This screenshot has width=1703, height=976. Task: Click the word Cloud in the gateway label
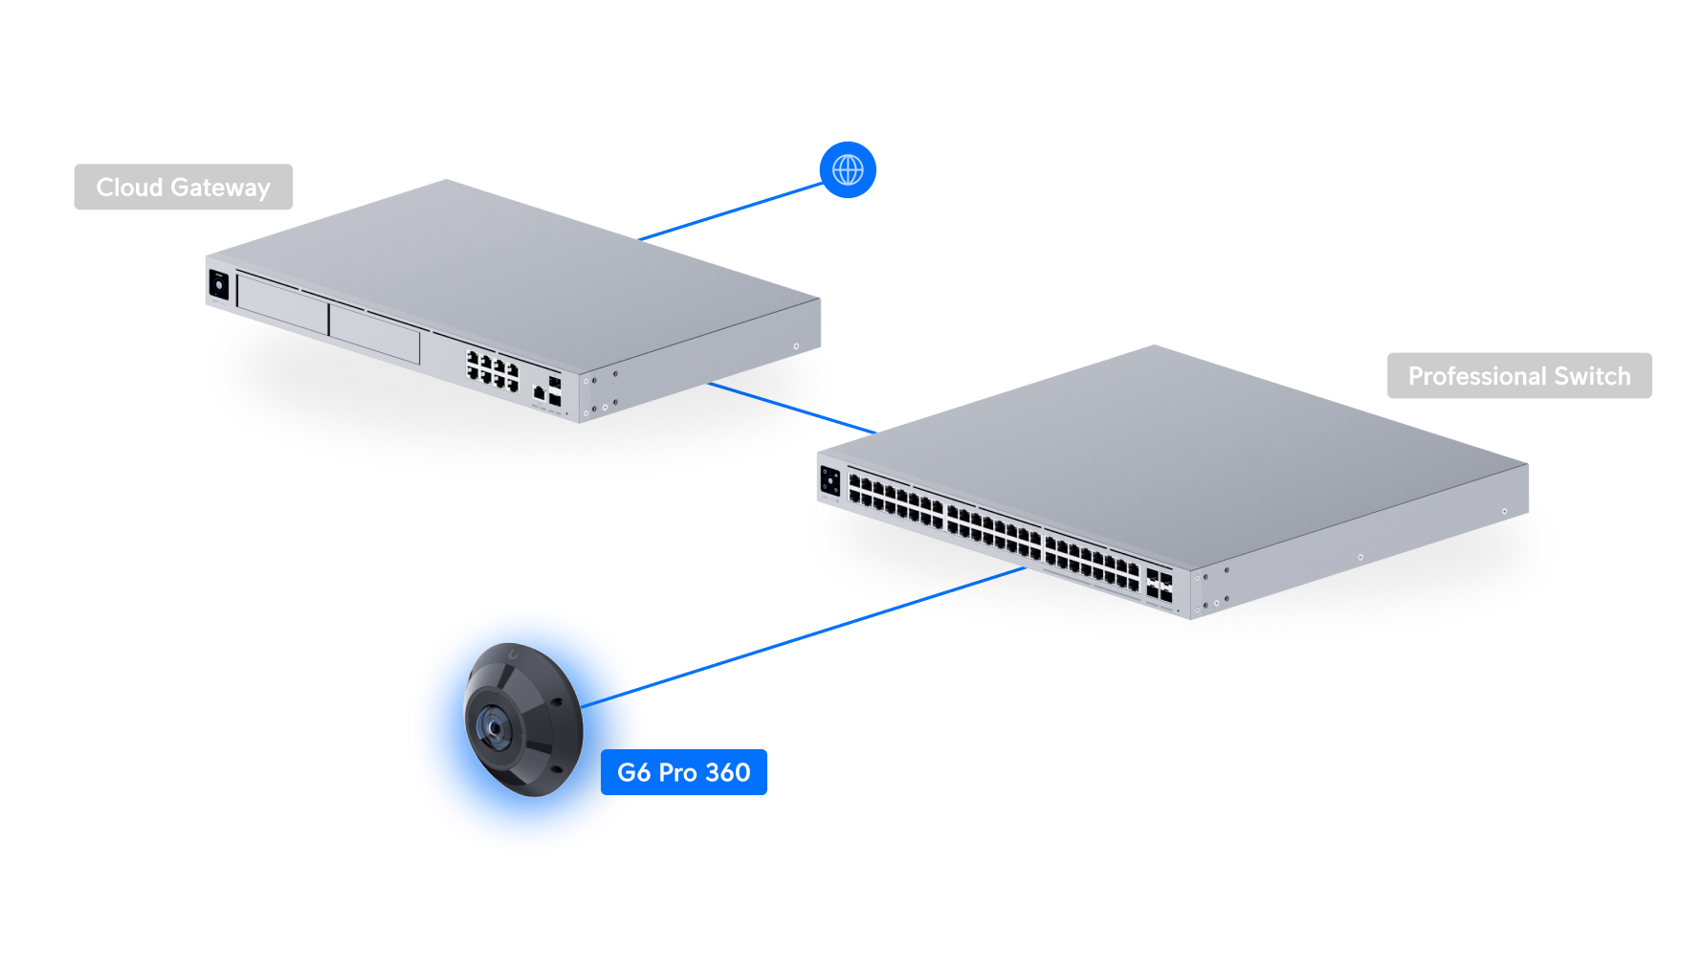(x=129, y=188)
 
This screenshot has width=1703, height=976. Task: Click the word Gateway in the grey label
(x=221, y=188)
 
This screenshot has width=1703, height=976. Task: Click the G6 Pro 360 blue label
(x=683, y=772)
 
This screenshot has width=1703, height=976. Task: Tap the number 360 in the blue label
(x=728, y=772)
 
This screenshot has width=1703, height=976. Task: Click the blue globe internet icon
(x=848, y=170)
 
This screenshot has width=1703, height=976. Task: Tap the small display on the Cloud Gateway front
(x=218, y=285)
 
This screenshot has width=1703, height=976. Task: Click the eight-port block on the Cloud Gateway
(x=492, y=370)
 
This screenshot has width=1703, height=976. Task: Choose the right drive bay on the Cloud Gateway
(x=374, y=332)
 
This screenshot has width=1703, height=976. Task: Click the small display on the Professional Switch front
(x=829, y=480)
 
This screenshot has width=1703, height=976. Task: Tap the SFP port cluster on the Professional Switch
(x=1159, y=586)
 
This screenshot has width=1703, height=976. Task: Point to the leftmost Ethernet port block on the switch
(x=896, y=503)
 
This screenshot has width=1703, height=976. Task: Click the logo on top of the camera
(x=514, y=655)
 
